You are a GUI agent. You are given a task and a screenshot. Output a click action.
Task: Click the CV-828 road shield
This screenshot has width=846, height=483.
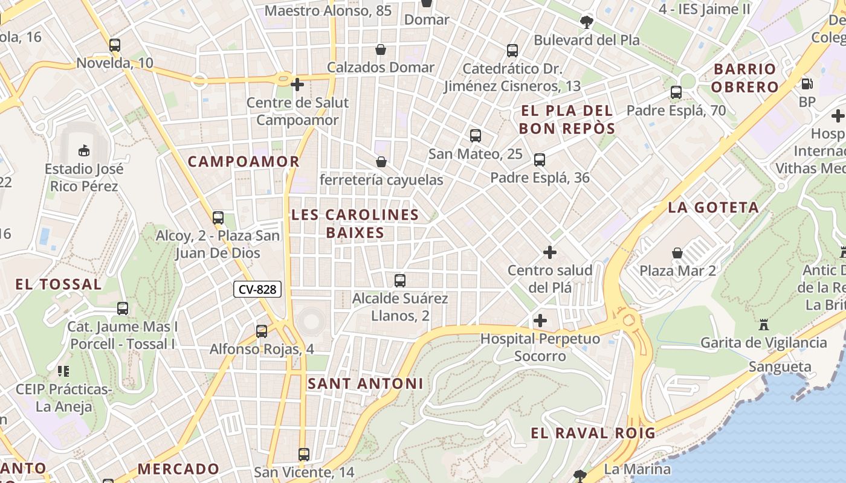(x=257, y=289)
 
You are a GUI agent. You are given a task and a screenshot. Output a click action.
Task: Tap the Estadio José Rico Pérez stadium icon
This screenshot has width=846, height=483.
(x=83, y=150)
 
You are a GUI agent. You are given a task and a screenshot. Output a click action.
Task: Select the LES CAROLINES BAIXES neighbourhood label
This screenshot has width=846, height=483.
(x=355, y=223)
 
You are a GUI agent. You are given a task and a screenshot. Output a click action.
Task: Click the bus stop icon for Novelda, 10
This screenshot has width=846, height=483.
(x=115, y=45)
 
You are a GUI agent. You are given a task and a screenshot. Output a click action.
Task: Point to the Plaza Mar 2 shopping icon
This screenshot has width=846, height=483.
(x=677, y=253)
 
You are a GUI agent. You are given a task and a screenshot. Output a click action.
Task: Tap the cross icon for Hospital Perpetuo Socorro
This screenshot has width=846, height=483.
(x=540, y=321)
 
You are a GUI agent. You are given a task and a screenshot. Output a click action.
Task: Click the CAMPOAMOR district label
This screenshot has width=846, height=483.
(x=244, y=161)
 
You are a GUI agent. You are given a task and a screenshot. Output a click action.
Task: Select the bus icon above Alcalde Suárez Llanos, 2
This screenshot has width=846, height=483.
(x=400, y=280)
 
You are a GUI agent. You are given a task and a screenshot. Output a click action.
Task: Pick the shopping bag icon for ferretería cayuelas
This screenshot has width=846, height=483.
(x=381, y=162)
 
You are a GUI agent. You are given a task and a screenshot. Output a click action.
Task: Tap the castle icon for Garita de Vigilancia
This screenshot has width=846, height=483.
(x=764, y=325)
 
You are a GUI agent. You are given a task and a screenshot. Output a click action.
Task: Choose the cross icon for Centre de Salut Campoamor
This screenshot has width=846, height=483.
(x=297, y=85)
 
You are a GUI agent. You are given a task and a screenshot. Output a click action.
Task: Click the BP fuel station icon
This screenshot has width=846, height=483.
(x=807, y=84)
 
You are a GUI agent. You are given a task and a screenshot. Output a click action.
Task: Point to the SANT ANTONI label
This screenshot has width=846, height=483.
(x=366, y=383)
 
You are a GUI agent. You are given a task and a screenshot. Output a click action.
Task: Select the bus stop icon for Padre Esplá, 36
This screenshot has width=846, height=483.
(x=540, y=160)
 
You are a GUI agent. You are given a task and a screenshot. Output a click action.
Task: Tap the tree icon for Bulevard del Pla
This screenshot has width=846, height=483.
(x=586, y=22)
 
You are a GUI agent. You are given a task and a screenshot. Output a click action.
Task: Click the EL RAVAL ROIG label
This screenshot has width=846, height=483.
(x=593, y=433)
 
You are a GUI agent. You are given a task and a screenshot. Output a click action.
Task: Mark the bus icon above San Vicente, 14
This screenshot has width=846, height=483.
(x=304, y=454)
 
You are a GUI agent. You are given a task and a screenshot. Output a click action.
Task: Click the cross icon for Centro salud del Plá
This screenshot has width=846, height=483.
(x=550, y=252)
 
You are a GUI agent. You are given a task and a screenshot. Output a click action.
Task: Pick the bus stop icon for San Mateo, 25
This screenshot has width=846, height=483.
(x=476, y=136)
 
